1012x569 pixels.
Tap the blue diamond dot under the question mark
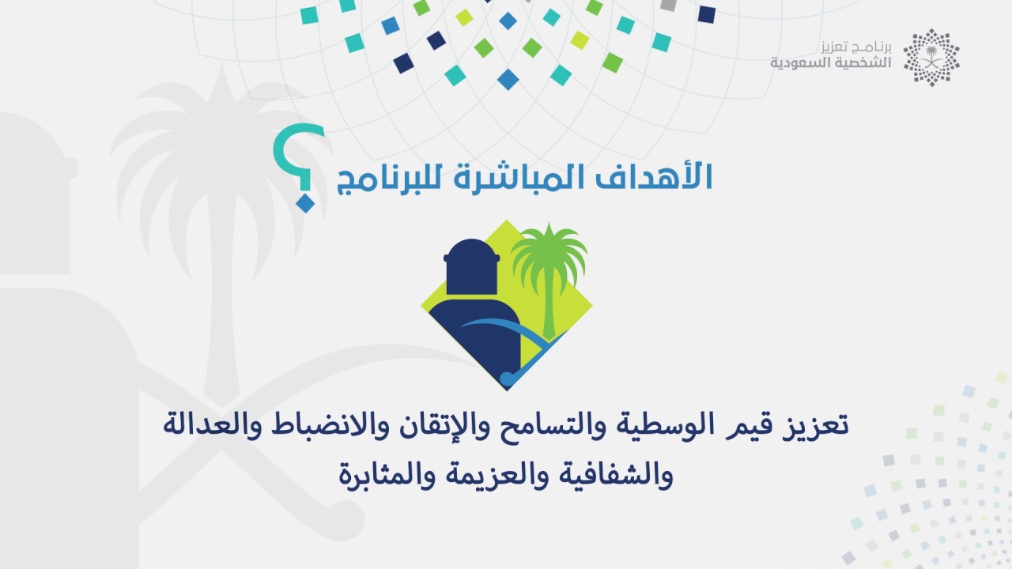(x=305, y=203)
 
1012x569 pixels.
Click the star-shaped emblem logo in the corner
(x=931, y=58)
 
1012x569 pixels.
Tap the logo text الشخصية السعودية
(x=830, y=62)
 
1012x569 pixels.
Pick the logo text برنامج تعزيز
(x=856, y=47)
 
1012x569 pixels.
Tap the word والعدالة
(x=210, y=425)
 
